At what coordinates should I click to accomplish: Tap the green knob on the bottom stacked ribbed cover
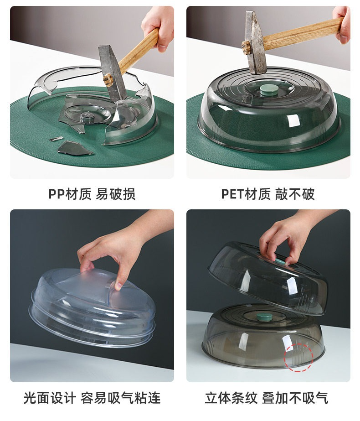coord(264,317)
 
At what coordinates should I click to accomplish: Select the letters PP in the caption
coord(57,194)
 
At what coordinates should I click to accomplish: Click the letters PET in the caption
coord(232,194)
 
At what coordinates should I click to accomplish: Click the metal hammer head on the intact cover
coord(255,42)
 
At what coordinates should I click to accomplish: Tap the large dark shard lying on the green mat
coord(75,149)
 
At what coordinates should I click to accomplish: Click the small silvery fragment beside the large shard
coord(56,139)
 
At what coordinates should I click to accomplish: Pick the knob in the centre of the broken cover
coord(87,117)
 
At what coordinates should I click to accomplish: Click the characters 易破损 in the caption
coord(115,194)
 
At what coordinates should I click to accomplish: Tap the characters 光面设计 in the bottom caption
coord(50,398)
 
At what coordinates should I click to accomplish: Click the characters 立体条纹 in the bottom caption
coord(231,398)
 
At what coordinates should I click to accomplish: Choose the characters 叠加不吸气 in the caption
coord(295,398)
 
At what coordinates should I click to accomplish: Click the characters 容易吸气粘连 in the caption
coord(120,398)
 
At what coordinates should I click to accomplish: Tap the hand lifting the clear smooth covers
coord(118,248)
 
